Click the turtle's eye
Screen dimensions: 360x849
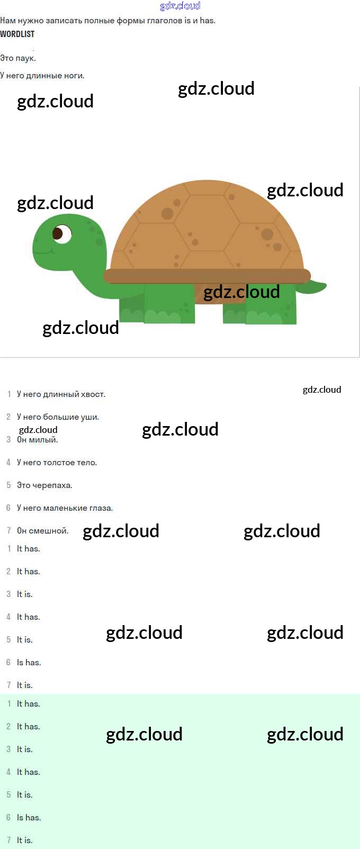[x=61, y=233]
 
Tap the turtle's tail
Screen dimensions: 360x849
[x=312, y=286]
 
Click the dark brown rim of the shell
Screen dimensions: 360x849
[x=207, y=276]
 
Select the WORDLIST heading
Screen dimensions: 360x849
[x=17, y=34]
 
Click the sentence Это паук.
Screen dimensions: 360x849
[x=18, y=58]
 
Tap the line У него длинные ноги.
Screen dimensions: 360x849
[x=42, y=75]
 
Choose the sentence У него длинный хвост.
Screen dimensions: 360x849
[x=61, y=394]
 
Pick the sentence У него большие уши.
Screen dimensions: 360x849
[x=58, y=417]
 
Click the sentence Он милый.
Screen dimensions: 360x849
[x=37, y=440]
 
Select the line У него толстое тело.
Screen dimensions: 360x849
[x=57, y=463]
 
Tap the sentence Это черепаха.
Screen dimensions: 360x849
[x=44, y=485]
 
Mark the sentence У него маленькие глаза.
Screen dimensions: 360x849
[x=65, y=508]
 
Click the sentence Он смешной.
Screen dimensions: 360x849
[x=42, y=530]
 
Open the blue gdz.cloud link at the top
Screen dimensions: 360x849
[x=180, y=6]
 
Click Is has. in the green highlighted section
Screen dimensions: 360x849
[x=29, y=818]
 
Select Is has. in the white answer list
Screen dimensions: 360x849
[x=29, y=663]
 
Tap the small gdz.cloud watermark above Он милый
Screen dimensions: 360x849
[x=38, y=430]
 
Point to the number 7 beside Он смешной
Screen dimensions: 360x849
[x=8, y=530]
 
